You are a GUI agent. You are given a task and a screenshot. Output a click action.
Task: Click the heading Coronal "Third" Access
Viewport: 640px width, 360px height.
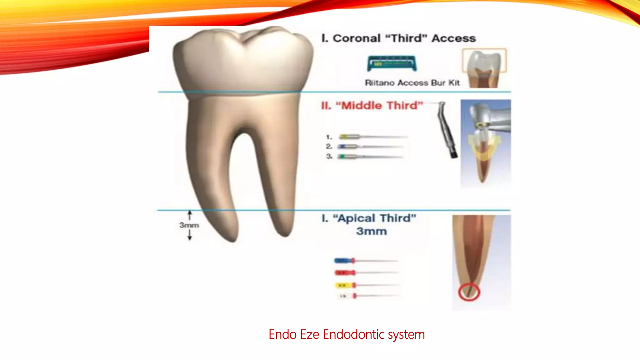398,38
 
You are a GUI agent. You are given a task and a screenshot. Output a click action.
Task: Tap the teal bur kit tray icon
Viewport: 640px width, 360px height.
392,63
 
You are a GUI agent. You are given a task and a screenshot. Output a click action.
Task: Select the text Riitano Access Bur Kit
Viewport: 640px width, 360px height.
412,83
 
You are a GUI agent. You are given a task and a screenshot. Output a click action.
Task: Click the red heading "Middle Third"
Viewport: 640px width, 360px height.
372,106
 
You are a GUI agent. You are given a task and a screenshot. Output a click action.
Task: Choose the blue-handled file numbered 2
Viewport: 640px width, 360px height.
370,147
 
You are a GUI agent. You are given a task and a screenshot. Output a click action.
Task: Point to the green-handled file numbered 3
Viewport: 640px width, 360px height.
370,157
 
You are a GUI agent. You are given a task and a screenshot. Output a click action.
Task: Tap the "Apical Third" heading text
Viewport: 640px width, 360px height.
369,218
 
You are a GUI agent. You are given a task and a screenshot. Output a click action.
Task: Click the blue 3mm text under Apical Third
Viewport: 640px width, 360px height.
371,232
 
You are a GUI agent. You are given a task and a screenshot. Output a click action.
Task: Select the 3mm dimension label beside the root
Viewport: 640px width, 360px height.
189,225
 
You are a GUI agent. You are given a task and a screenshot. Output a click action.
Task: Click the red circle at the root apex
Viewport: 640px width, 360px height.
469,292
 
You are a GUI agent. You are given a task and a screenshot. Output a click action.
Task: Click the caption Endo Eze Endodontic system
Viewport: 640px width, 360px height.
347,334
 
